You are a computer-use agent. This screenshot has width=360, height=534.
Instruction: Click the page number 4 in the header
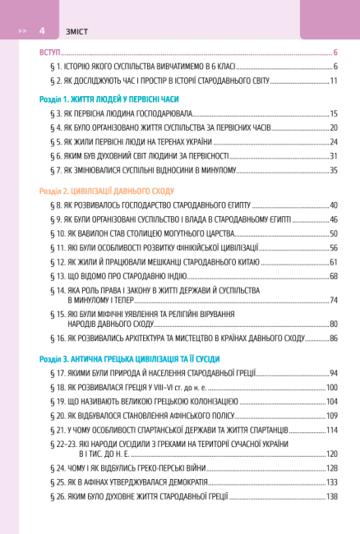(41, 30)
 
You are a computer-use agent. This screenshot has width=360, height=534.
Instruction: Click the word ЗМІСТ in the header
(71, 30)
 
